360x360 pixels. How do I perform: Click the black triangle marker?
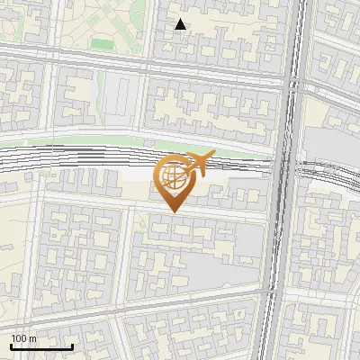(x=181, y=25)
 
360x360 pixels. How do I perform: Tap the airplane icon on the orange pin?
(x=199, y=163)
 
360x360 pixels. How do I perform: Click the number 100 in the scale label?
(x=20, y=338)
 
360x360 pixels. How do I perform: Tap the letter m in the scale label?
(x=34, y=338)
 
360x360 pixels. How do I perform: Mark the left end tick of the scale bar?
(x=11, y=346)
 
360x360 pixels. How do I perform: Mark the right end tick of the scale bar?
(x=72, y=346)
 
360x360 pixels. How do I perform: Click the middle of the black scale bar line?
(x=41, y=347)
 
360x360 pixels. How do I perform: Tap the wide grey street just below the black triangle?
(x=180, y=65)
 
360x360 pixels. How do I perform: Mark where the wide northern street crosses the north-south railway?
(x=292, y=79)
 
